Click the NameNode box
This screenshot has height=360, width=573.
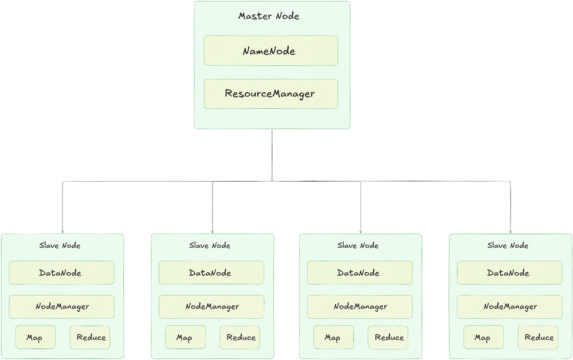[x=270, y=51]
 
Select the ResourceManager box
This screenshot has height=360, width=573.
[x=270, y=93]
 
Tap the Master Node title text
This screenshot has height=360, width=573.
[x=269, y=16]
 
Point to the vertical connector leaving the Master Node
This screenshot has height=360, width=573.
[x=272, y=155]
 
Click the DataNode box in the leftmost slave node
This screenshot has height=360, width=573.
[x=61, y=273]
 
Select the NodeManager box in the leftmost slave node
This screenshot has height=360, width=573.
[x=61, y=307]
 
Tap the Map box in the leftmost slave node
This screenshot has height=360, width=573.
[x=36, y=337]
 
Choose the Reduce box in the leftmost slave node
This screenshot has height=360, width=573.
[x=91, y=337]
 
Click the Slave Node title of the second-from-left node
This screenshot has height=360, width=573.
[x=210, y=245]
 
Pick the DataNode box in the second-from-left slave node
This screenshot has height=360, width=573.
[x=211, y=273]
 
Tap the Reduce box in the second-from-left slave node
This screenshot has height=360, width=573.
[x=240, y=337]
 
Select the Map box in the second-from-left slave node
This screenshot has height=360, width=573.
[x=185, y=337]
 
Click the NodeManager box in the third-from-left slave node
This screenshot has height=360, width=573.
[x=360, y=307]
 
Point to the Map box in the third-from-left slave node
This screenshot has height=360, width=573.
[x=333, y=337]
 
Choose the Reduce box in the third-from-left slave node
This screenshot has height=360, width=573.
[x=388, y=337]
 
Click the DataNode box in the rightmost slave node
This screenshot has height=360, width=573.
[x=509, y=273]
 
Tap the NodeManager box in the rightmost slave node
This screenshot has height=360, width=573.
[x=509, y=307]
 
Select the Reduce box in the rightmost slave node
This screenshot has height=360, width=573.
[x=539, y=337]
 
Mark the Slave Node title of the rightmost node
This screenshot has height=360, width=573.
[x=508, y=245]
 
